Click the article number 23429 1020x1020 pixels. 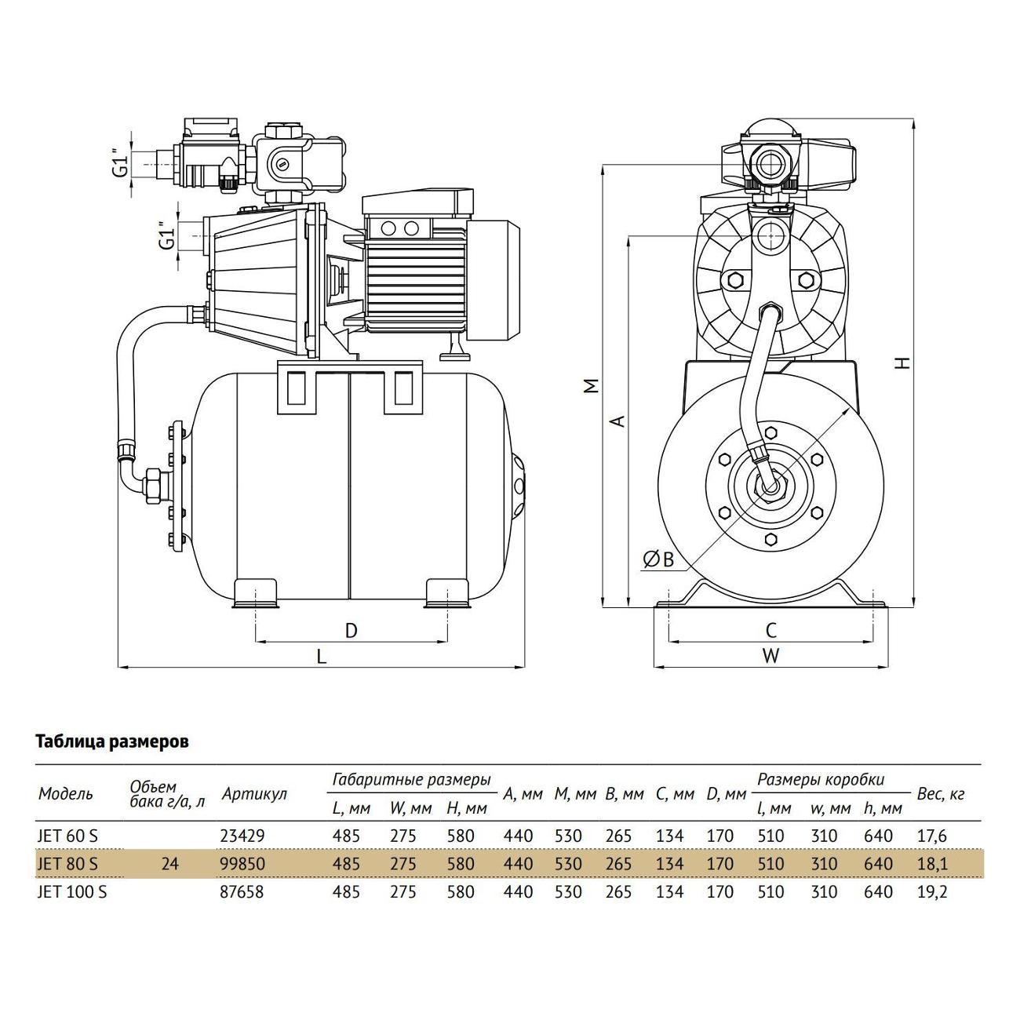tap(243, 836)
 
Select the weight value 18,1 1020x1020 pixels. tap(932, 864)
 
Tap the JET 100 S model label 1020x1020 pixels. tap(73, 892)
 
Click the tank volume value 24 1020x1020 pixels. tap(169, 864)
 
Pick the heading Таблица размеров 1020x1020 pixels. tap(112, 741)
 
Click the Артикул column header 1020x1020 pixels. tap(253, 793)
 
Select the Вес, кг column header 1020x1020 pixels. tap(940, 793)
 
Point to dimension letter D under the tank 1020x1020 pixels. tap(352, 630)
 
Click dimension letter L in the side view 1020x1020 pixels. tap(321, 657)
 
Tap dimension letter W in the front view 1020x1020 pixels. tap(770, 656)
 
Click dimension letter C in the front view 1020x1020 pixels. tap(770, 630)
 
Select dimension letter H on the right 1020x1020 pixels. tap(903, 363)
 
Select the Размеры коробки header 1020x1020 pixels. tap(820, 779)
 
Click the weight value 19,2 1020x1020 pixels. tap(932, 892)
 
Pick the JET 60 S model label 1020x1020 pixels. tap(69, 836)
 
